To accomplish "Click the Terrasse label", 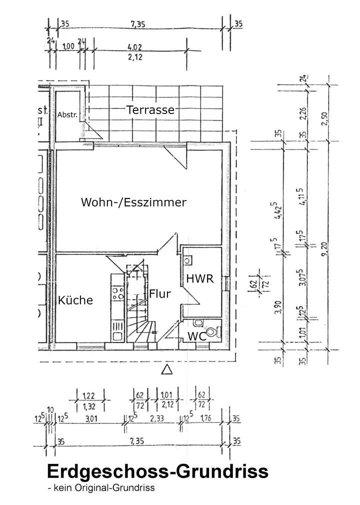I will [x=150, y=110].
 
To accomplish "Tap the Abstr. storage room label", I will [x=67, y=114].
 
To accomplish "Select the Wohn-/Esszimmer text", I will [x=133, y=202].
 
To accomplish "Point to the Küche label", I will [x=75, y=300].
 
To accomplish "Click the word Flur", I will [x=160, y=294].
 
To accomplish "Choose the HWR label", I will [x=200, y=279].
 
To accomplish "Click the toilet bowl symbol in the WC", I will [x=214, y=331].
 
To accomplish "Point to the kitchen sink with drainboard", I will [x=118, y=330].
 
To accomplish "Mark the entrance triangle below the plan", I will [x=167, y=369].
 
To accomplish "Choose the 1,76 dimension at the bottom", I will [x=206, y=418].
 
